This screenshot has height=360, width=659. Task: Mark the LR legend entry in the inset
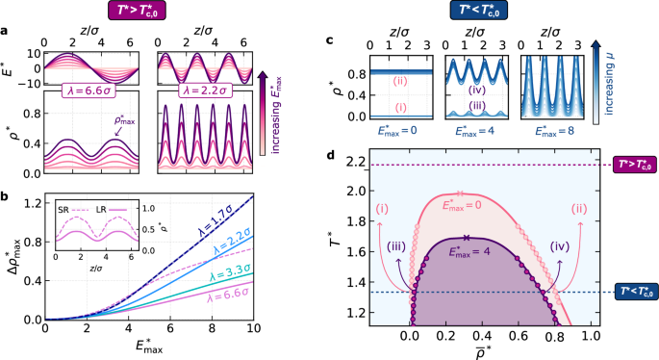[109, 206]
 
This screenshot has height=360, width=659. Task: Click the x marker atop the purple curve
[466, 237]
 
